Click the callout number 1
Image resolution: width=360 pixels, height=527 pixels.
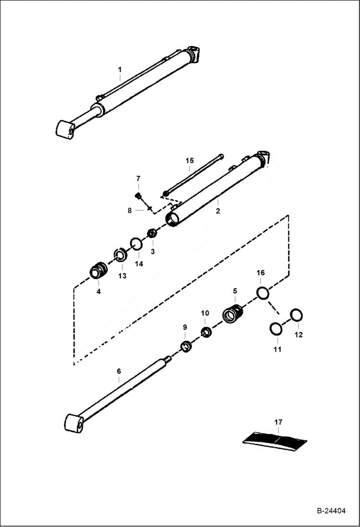coord(120,70)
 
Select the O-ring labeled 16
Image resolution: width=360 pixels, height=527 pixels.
coord(262,293)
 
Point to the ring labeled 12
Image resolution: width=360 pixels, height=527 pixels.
coord(297,315)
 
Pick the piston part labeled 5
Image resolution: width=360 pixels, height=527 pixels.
coord(234,314)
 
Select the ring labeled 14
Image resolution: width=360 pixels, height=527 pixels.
coord(137,245)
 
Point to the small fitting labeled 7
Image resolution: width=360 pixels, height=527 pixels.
coord(138,196)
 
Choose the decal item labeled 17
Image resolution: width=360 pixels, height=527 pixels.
coord(274,439)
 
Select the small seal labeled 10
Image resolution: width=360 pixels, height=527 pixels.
coord(206,332)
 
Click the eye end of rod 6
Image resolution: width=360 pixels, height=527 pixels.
coord(74,423)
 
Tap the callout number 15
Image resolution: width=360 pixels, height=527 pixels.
coord(190,160)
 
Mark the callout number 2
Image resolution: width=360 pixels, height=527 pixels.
coord(218,211)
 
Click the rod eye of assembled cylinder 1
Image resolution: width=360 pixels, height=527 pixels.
coord(65,130)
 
